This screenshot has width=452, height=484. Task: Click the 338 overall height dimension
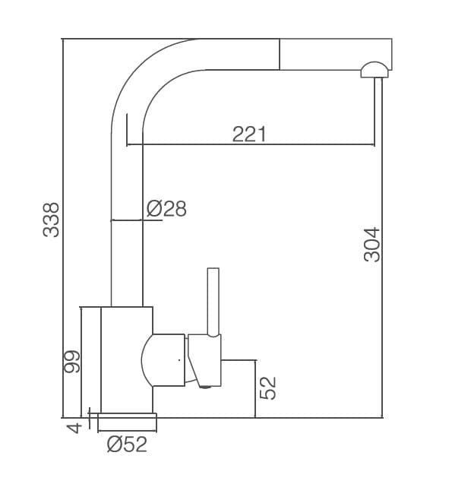51,220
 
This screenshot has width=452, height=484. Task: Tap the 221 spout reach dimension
249,134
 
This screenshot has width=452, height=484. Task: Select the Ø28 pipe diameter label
166,208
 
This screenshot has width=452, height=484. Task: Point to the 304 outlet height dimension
371,245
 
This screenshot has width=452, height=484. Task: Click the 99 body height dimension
71,362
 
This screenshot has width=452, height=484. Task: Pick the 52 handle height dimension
267,388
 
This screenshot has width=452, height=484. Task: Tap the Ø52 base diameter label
127,444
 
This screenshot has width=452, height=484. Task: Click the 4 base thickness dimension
74,429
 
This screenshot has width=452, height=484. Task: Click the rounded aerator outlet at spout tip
375,70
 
